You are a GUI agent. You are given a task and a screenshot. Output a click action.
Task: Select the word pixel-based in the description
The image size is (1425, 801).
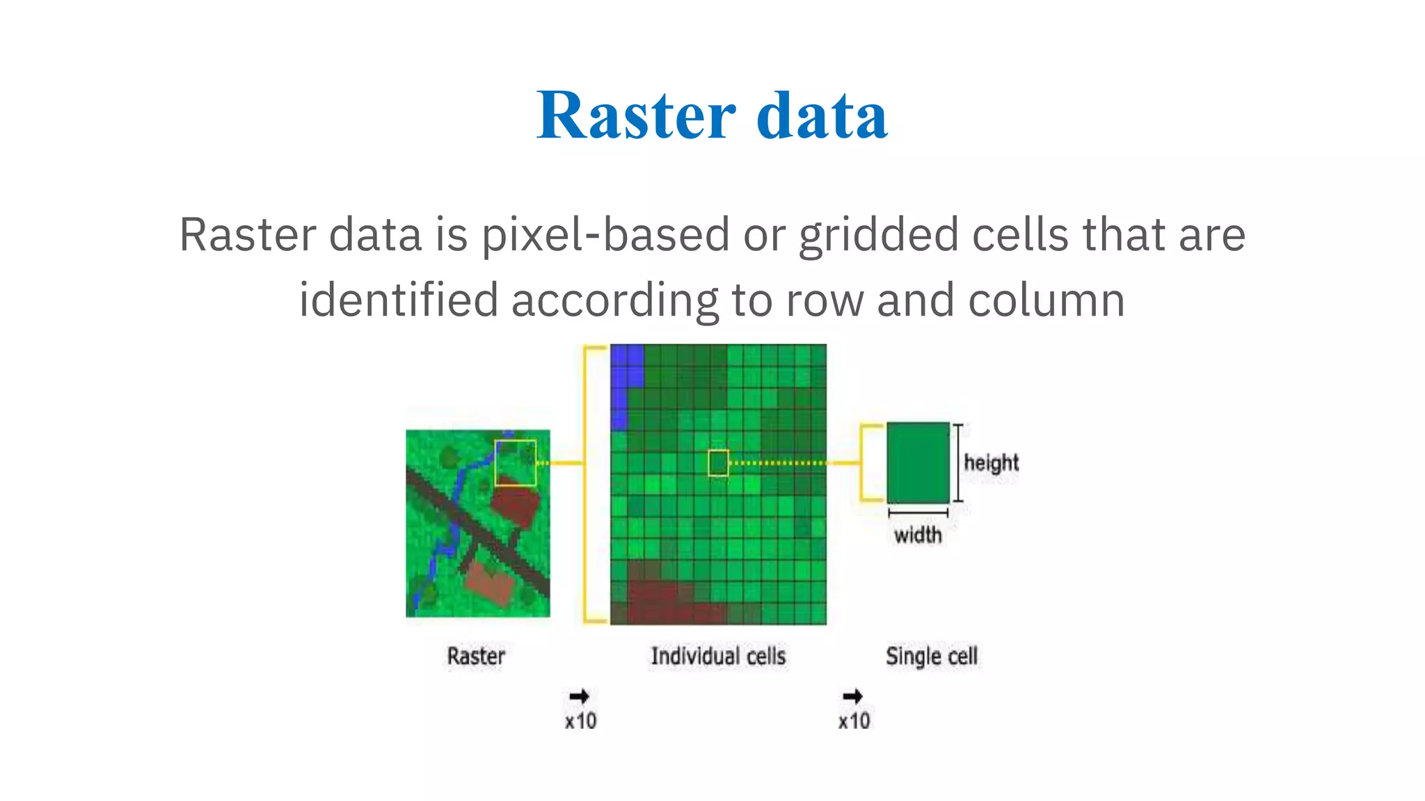tap(605, 235)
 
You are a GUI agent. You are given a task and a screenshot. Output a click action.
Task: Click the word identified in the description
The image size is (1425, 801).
tap(399, 300)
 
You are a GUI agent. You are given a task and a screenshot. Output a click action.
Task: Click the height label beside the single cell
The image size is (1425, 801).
tap(991, 462)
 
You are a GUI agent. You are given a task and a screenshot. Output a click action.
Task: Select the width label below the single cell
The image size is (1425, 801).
tap(918, 535)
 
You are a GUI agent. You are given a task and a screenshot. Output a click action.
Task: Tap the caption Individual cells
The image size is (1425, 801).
tap(718, 656)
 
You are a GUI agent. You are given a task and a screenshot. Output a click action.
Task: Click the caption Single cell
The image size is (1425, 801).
tap(932, 656)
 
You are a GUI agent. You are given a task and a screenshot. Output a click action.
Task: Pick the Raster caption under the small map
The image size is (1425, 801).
tap(476, 656)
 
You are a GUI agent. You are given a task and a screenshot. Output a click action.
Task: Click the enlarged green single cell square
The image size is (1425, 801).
tap(918, 462)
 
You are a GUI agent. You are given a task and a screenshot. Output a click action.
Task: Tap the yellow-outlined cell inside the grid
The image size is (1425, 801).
tap(718, 463)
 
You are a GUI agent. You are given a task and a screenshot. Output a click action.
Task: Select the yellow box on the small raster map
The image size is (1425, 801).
tap(516, 462)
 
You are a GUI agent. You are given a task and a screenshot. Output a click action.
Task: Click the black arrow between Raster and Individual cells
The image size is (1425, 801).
tap(579, 696)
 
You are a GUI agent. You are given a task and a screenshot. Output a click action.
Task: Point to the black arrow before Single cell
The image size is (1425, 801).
tap(852, 696)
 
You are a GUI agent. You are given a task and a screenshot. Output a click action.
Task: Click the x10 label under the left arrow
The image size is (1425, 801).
tap(580, 721)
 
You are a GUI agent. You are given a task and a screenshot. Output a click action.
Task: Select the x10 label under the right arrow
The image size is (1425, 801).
tap(854, 721)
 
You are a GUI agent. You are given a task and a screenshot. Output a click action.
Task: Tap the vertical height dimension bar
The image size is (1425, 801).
tap(958, 462)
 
